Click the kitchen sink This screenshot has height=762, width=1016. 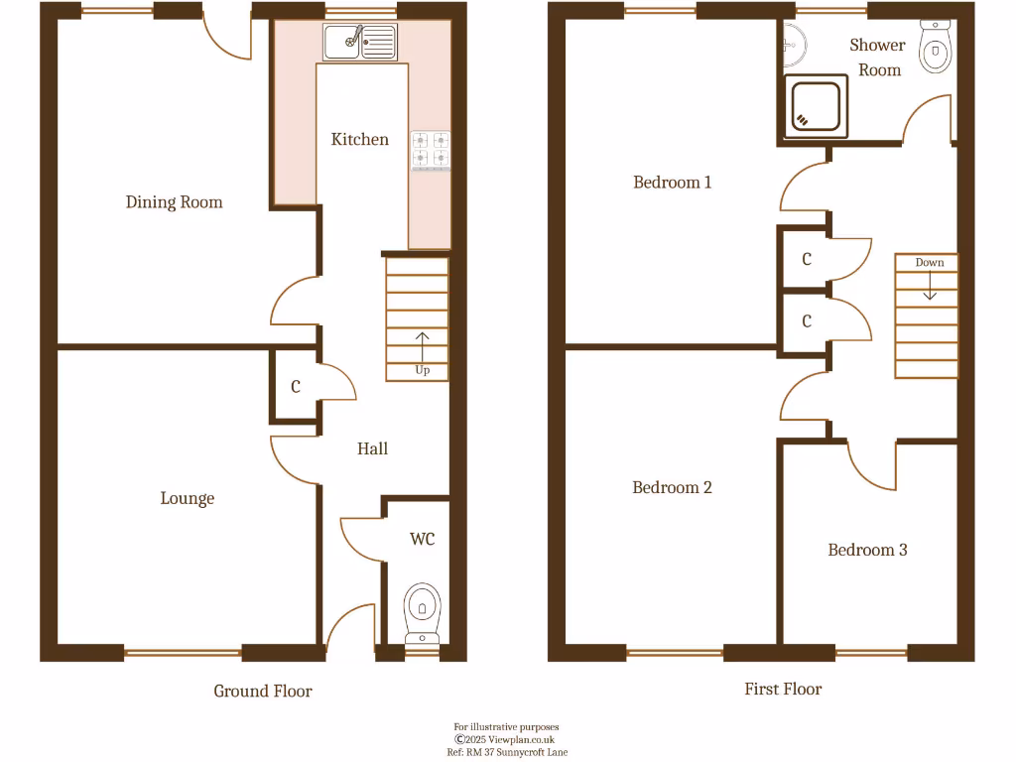pos(359,42)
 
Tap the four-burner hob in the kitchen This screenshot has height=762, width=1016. pos(431,150)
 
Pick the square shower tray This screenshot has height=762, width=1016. pos(818,107)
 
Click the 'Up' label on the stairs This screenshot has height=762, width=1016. pos(423,371)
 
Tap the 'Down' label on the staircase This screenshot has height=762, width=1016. pos(930,263)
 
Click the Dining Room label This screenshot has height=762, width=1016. pos(174,202)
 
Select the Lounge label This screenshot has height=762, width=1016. pos(188,498)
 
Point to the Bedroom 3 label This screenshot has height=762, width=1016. pos(867,550)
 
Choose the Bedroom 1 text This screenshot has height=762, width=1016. pos(673,183)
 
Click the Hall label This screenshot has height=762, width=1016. pos(372,448)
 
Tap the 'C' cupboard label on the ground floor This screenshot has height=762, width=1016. pos(296,387)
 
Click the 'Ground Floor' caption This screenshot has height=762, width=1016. pos(263,691)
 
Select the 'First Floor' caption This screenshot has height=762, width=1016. pos(783,689)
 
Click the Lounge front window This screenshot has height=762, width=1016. pos(184,653)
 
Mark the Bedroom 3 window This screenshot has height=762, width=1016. pos(871,653)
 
